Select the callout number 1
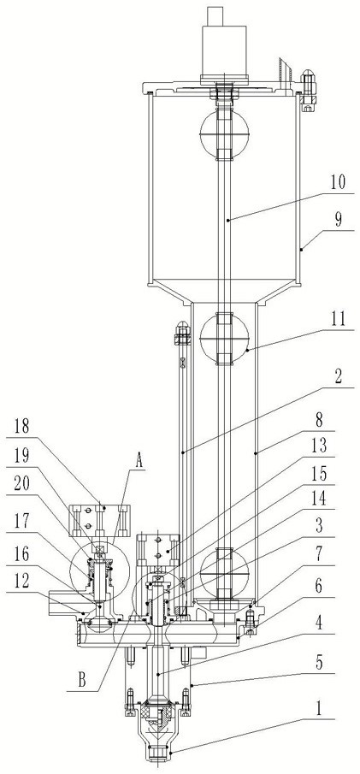319,709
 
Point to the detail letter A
139,461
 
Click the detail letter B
82,681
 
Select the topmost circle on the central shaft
225,133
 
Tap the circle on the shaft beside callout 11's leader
225,338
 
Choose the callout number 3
320,525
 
